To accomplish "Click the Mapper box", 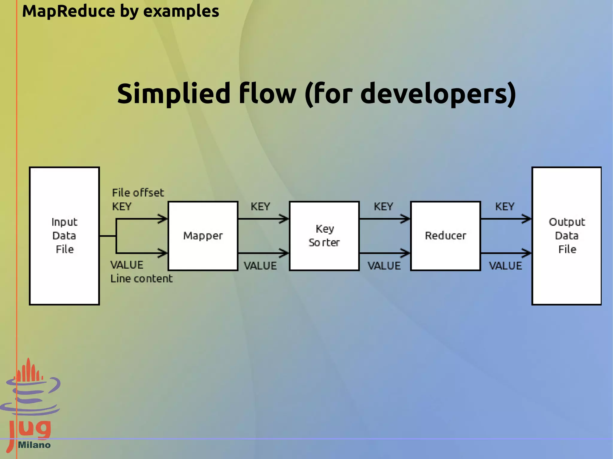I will pyautogui.click(x=203, y=236).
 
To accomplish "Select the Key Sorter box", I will pyautogui.click(x=324, y=236).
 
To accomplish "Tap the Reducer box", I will pyautogui.click(x=445, y=236).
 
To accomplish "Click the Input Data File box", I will pyautogui.click(x=64, y=236).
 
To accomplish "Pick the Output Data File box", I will pyautogui.click(x=566, y=236).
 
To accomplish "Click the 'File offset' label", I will pyautogui.click(x=138, y=193).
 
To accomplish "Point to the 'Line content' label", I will pyautogui.click(x=142, y=279).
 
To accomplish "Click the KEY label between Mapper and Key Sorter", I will pyautogui.click(x=260, y=207).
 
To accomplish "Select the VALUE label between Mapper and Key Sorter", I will pyautogui.click(x=260, y=266).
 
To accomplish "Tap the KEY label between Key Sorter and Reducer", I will pyautogui.click(x=383, y=207).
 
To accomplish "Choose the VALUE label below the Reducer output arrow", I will pyautogui.click(x=505, y=266).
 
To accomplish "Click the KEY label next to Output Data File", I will pyautogui.click(x=505, y=207).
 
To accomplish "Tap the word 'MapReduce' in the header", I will pyautogui.click(x=69, y=11).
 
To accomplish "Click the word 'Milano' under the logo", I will pyautogui.click(x=34, y=445).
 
